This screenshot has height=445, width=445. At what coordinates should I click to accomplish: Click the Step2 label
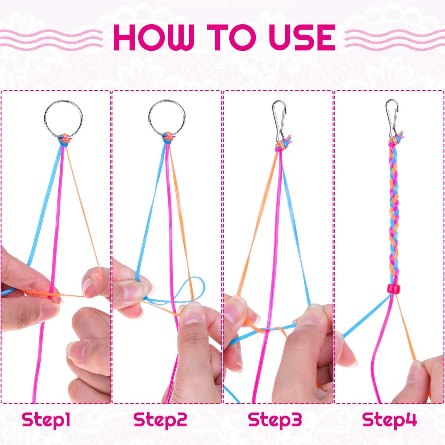coord(160,419)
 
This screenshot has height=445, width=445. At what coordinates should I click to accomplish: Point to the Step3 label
coord(275,419)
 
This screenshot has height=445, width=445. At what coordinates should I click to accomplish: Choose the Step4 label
coord(390,419)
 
